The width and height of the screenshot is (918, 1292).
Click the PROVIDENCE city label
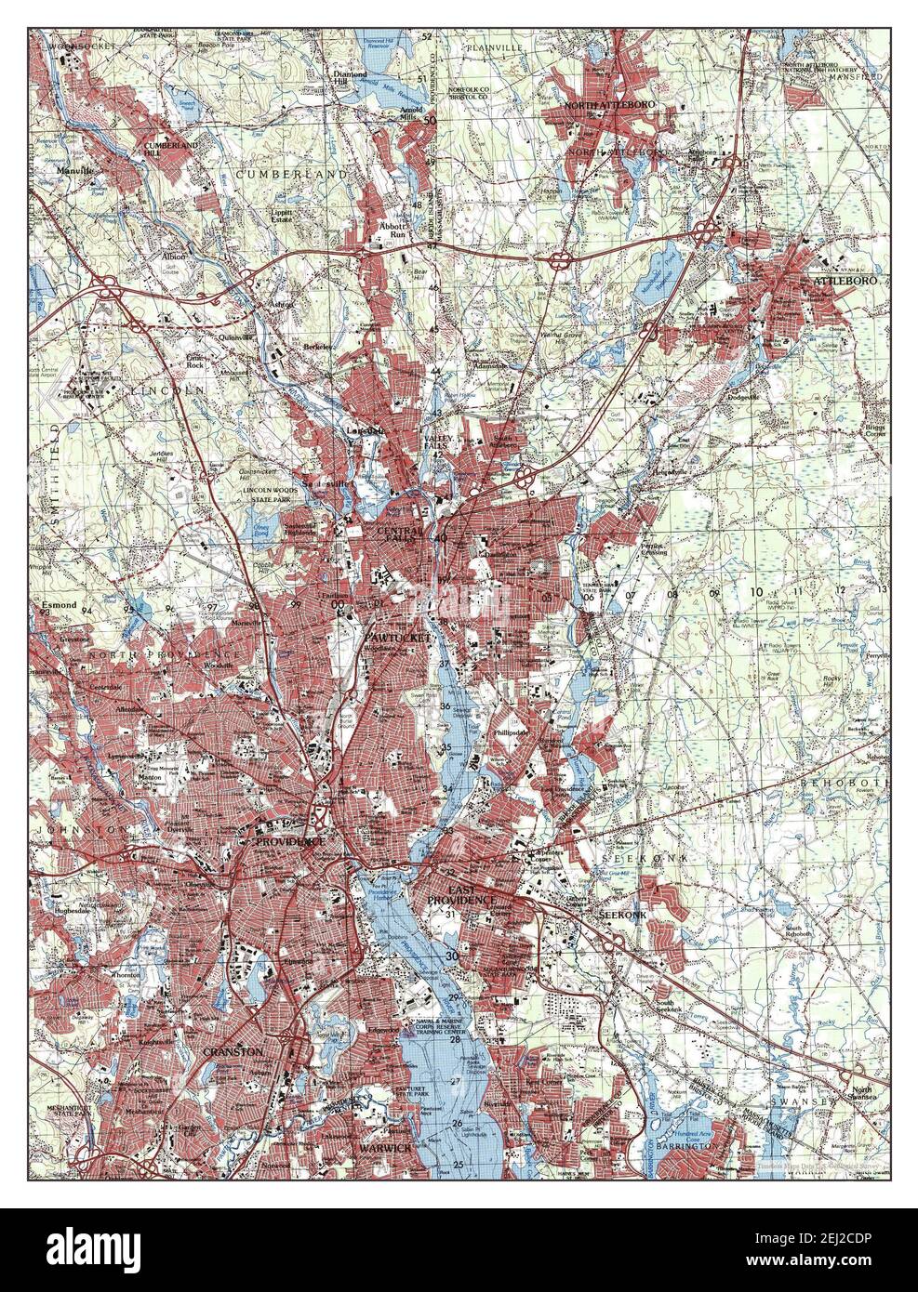[290, 840]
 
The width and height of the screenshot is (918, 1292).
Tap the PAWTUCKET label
[398, 639]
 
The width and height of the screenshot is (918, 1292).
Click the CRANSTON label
[233, 1051]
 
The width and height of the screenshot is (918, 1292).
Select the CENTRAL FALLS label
[398, 532]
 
